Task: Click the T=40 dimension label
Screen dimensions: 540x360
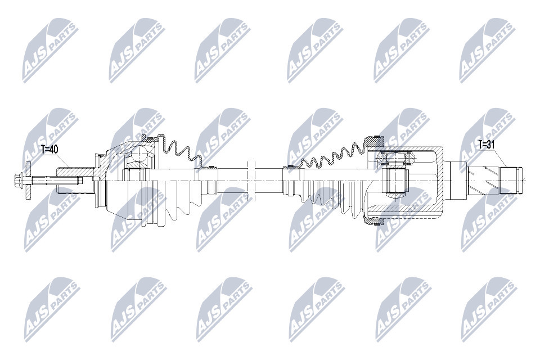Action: coord(49,150)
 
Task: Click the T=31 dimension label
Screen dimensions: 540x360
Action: coord(486,145)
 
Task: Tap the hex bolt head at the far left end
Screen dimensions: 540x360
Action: coord(17,180)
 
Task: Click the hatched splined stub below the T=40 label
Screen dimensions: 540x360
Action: coord(76,170)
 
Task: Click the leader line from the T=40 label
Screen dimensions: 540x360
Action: coord(62,160)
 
